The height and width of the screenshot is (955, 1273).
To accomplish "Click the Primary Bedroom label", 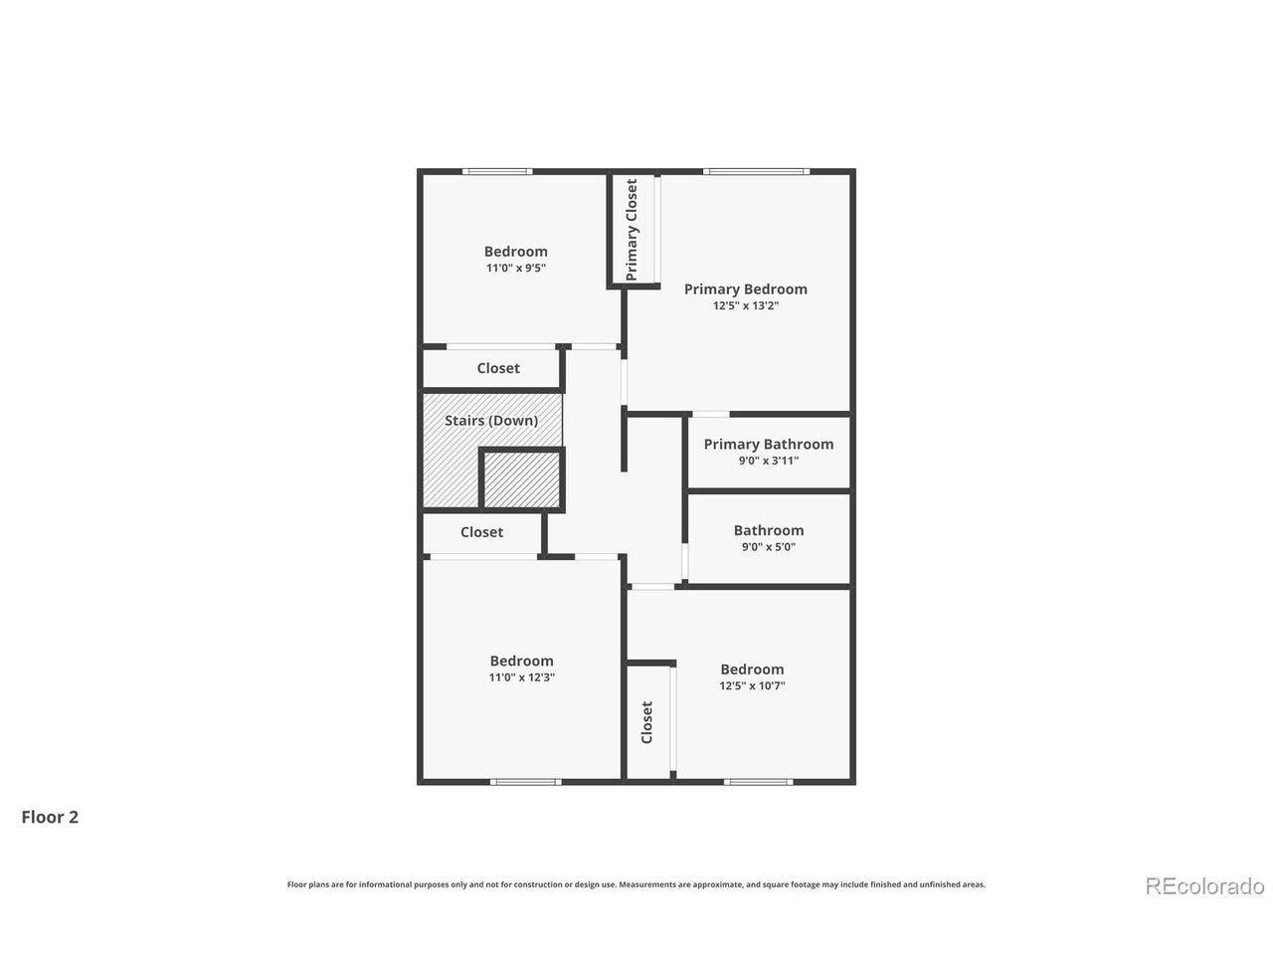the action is [745, 288].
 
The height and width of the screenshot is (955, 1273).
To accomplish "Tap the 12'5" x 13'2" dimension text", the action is [745, 305].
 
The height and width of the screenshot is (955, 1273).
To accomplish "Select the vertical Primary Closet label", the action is [632, 230].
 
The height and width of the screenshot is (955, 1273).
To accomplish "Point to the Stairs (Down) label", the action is [491, 421].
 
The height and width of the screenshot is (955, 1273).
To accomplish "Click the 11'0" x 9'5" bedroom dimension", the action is [516, 268].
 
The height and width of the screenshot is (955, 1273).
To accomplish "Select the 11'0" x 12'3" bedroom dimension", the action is [521, 677].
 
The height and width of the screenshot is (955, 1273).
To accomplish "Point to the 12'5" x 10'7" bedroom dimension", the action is [752, 685].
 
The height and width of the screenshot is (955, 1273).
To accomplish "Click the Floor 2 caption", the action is [50, 817].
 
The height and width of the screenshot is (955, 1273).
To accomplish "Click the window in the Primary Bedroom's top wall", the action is [756, 172].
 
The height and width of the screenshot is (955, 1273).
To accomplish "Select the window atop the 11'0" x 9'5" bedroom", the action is [497, 172].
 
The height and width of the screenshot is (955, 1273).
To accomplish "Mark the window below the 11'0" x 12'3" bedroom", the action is [525, 782].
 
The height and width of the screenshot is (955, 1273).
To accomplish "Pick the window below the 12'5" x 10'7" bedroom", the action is [758, 782].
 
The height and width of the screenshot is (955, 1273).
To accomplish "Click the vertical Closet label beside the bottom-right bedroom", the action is [647, 722].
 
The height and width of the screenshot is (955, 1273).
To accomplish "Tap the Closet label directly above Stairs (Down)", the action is [498, 368].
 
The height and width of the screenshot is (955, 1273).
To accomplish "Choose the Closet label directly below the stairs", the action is [481, 532].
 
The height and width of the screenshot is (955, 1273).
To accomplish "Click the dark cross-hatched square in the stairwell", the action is [522, 480].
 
